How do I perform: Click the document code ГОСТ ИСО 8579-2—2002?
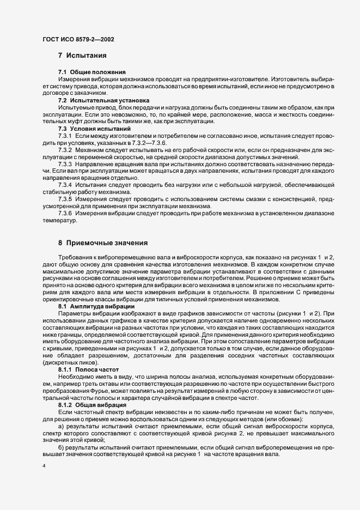78,39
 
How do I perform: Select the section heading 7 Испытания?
82,56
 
